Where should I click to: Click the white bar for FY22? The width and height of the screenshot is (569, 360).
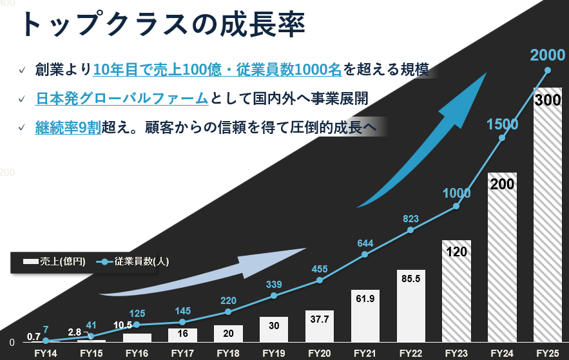coord(410,306)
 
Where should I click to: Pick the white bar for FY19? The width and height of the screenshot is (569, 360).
coord(273,329)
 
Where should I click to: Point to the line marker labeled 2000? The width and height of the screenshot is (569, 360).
coord(548,70)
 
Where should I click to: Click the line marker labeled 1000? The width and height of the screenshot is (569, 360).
coord(456,206)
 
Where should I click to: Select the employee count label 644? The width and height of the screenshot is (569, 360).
coord(365,243)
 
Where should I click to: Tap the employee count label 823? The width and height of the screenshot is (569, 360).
coord(410,219)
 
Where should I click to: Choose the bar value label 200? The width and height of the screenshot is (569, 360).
coord(502,184)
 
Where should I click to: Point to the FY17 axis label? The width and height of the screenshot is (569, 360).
coord(182,353)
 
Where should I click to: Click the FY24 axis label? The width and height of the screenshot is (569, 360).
coord(502,353)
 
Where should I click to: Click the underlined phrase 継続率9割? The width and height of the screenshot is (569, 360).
coord(68,126)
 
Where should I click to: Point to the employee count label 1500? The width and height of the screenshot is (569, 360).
coord(502,124)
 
